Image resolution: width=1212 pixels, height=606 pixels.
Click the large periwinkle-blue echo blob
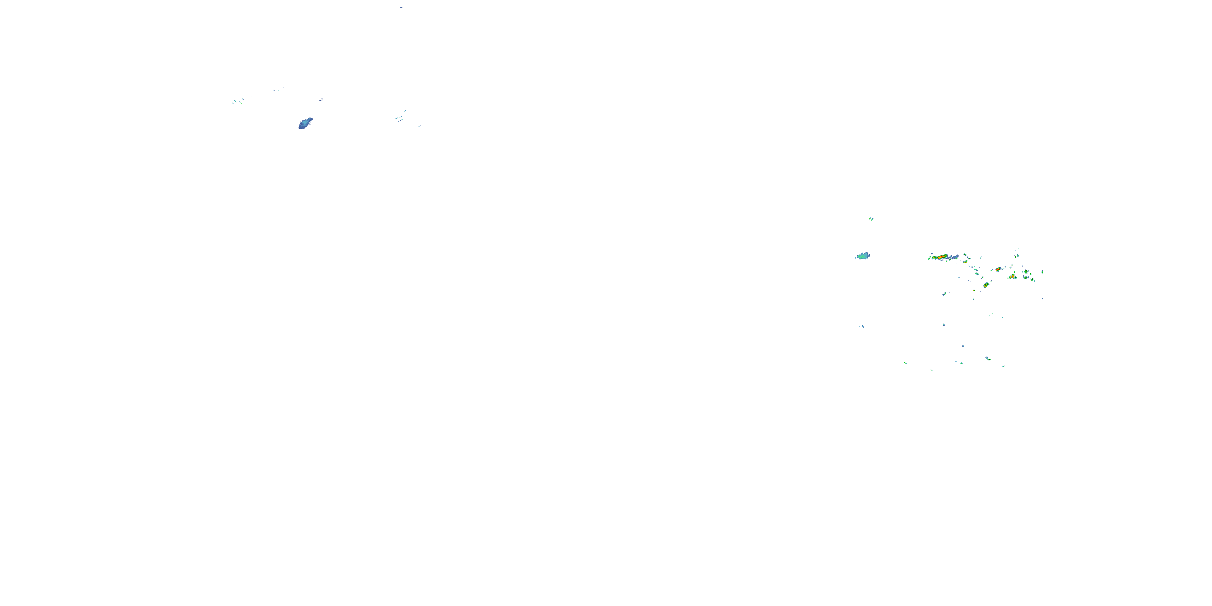[x=305, y=123]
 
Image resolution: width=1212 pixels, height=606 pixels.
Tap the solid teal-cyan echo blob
[x=863, y=256]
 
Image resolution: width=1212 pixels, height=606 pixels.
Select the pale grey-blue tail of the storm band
[x=954, y=257]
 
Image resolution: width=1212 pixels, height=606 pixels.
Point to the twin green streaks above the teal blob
[x=871, y=219]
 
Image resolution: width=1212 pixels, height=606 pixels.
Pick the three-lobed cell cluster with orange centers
[x=1012, y=277]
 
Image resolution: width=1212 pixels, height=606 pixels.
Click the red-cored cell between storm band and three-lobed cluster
[x=998, y=269]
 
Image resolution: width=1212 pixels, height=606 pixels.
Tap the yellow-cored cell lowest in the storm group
[x=986, y=285]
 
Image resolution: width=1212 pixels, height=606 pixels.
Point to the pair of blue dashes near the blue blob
[x=321, y=100]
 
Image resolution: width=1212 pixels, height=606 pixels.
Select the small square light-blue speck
[x=963, y=346]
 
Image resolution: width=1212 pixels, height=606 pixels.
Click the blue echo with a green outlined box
[x=987, y=358]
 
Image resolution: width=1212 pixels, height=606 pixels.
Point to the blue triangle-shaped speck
[x=944, y=325]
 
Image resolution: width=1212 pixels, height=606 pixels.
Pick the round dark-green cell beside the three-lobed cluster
[x=1026, y=271]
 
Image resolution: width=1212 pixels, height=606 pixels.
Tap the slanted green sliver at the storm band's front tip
[x=929, y=257]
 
